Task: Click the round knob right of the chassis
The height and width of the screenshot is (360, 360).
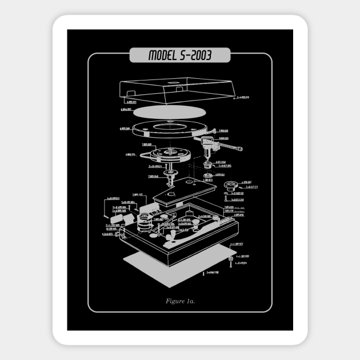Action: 231,185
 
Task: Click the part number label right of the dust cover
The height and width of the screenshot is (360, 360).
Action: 242,98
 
